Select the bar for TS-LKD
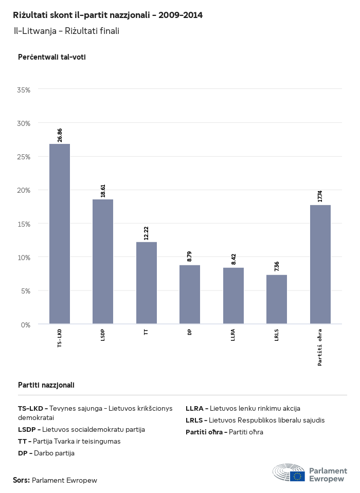(x=60, y=234)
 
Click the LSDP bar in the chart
(x=103, y=262)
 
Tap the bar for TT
(x=147, y=283)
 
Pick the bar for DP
(x=190, y=295)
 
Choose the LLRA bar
(x=233, y=296)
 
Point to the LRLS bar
(x=277, y=299)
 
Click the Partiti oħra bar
(x=320, y=264)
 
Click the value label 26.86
(x=60, y=135)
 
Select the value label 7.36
(x=277, y=266)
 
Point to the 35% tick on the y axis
(x=24, y=89)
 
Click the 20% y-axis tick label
(x=24, y=190)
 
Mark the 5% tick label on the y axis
(x=26, y=291)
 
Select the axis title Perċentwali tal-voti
(x=51, y=57)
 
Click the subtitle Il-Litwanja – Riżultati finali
(x=66, y=31)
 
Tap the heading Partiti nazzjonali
(x=46, y=385)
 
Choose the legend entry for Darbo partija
(x=46, y=453)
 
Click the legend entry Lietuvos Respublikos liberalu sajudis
(x=255, y=420)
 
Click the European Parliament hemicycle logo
(x=289, y=472)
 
